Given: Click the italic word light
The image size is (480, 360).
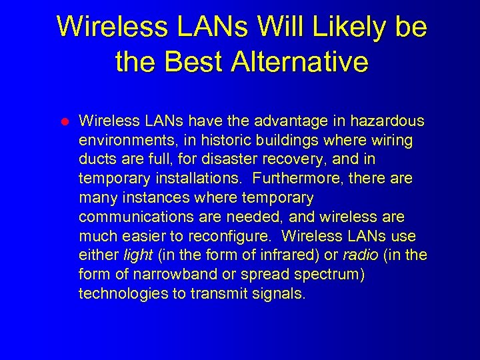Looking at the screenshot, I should [138, 255].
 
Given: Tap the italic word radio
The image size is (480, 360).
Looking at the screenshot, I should [361, 255].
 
